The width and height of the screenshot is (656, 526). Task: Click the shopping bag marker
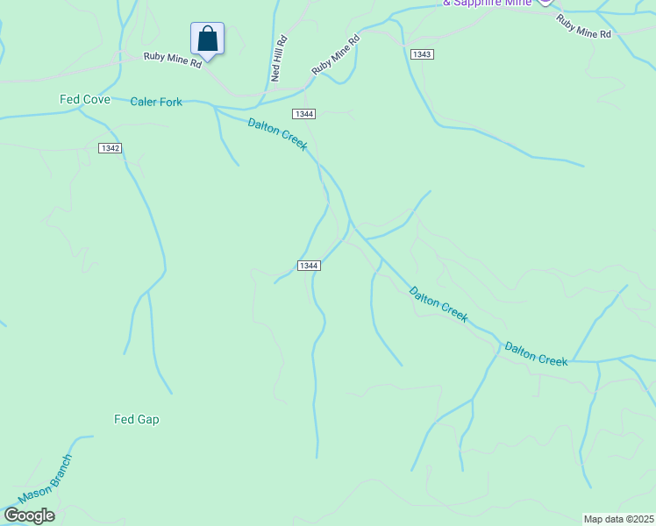click(x=207, y=39)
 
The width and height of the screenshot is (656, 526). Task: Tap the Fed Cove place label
click(x=85, y=100)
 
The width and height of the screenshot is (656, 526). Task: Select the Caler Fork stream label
click(x=156, y=103)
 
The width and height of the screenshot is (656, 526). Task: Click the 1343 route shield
click(x=422, y=54)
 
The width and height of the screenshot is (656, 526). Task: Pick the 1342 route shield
click(x=110, y=148)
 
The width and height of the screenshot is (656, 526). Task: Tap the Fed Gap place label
click(x=137, y=420)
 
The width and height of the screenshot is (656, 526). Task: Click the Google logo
click(x=29, y=515)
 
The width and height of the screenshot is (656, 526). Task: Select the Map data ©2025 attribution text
click(x=618, y=519)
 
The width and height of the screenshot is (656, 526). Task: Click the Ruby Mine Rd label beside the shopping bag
click(x=174, y=60)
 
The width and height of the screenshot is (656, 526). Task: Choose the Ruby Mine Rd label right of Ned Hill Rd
click(x=336, y=55)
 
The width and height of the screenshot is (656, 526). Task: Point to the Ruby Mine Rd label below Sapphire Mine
click(x=583, y=26)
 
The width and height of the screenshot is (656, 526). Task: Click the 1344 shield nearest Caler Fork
click(x=304, y=114)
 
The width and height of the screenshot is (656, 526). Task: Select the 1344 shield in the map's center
click(x=308, y=266)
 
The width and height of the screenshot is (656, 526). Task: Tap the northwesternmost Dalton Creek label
click(x=277, y=134)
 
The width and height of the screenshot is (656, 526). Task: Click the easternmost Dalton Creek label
click(x=536, y=354)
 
